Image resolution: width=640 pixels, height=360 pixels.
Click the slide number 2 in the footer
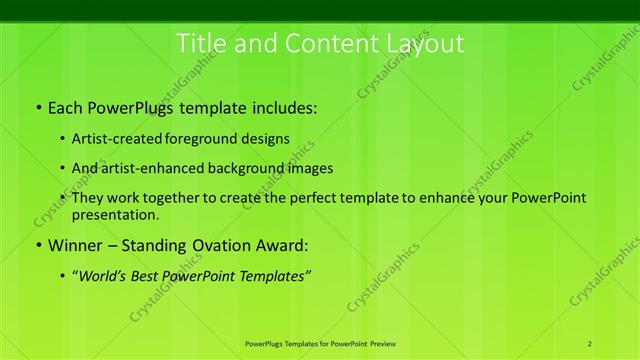590,344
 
